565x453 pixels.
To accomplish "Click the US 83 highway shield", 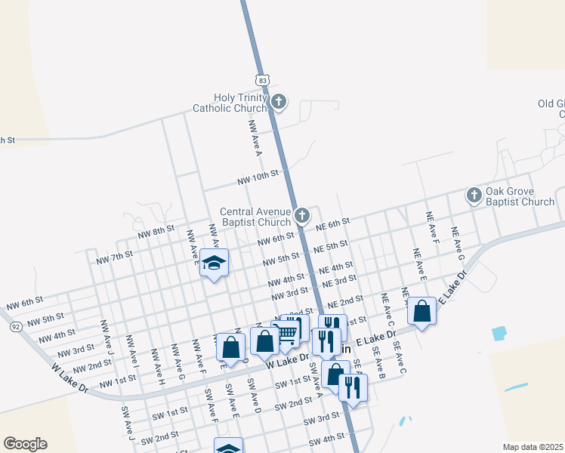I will [x=262, y=79].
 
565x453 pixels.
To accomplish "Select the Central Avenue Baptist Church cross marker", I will [x=301, y=216].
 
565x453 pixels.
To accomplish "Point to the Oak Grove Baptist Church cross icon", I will [x=474, y=196].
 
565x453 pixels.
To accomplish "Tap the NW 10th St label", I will [x=258, y=177].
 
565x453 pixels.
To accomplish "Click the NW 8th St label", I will [x=156, y=232].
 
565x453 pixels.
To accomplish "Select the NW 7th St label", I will [x=115, y=257].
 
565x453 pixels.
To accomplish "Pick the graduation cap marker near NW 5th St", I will [x=215, y=263].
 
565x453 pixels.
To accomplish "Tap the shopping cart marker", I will [x=286, y=333].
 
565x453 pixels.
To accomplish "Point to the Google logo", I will [x=25, y=444].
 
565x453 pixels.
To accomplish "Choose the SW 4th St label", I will [x=326, y=439].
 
